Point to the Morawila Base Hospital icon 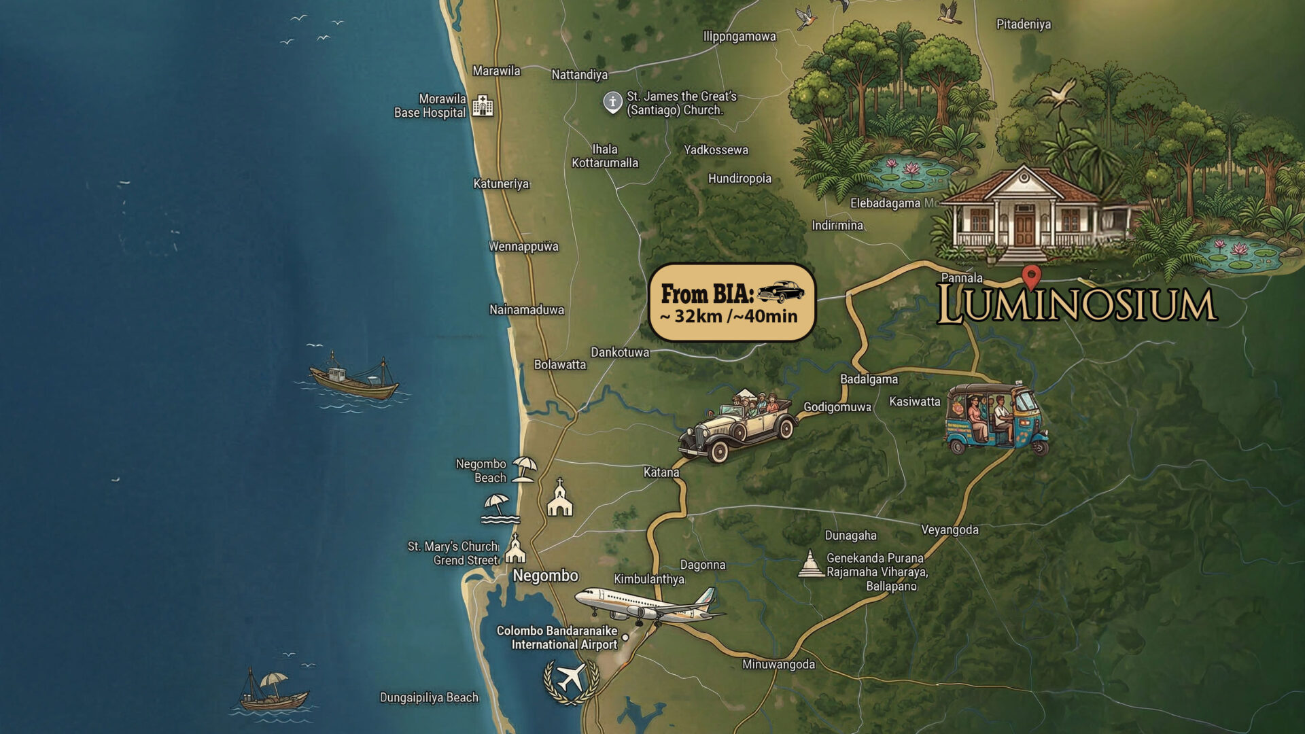coord(483,105)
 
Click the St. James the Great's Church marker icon coord(612,102)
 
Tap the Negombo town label coord(545,576)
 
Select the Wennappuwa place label coord(523,246)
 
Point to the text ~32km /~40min coord(729,316)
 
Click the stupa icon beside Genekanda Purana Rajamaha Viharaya coord(810,564)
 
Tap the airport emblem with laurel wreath coord(571,680)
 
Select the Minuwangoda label coord(778,664)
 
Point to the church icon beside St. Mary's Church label coord(515,550)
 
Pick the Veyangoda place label coord(950,529)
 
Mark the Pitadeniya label coord(1023,24)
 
